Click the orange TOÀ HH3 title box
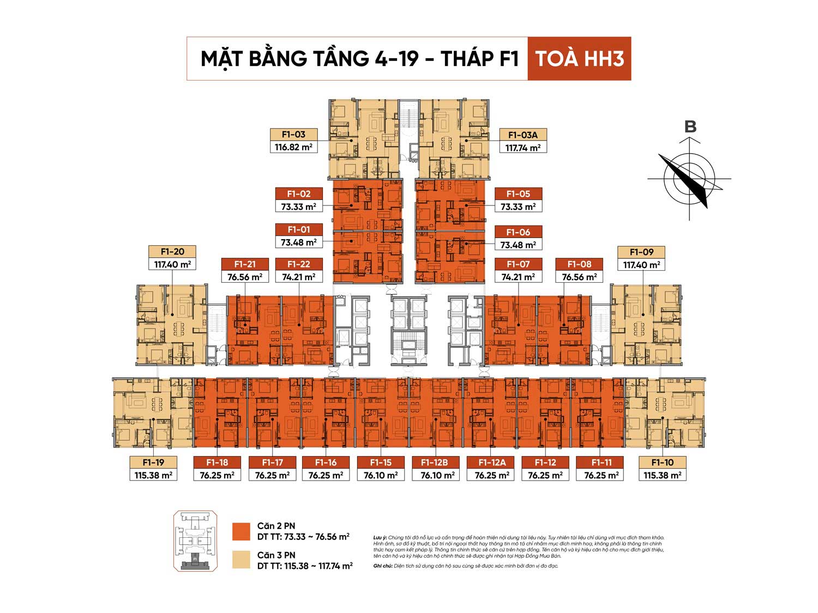(579, 59)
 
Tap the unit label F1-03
(293, 135)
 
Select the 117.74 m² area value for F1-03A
(523, 147)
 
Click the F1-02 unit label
(298, 194)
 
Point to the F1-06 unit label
(518, 232)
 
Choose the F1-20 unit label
(172, 252)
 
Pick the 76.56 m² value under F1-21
(245, 277)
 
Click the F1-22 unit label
(298, 264)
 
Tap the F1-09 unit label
(641, 252)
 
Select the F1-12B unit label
(435, 463)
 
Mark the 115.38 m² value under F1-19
(153, 475)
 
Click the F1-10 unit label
(663, 463)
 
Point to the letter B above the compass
(690, 127)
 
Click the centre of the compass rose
(689, 178)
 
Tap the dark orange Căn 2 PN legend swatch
(241, 531)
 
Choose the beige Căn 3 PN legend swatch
(241, 560)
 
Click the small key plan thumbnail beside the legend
(195, 541)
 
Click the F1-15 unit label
(381, 463)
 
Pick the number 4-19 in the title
(396, 59)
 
